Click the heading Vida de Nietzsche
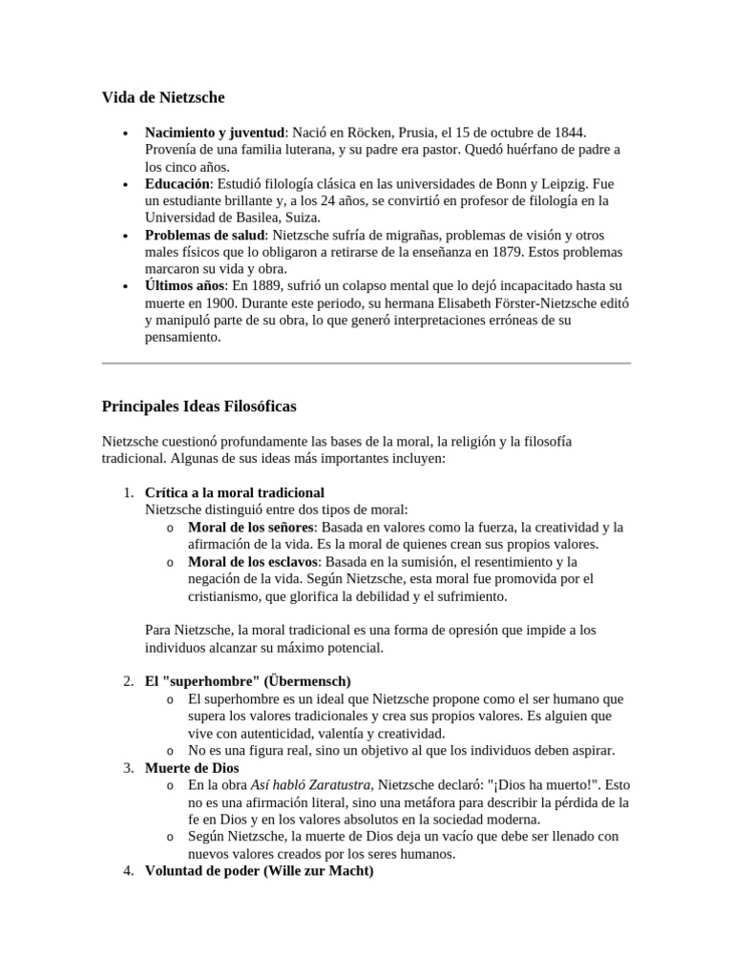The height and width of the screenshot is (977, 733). click(163, 96)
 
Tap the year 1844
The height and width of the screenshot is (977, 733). click(569, 132)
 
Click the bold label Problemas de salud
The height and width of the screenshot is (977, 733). click(203, 235)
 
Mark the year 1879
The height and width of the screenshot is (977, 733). click(506, 252)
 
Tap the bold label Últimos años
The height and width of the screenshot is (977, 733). click(185, 286)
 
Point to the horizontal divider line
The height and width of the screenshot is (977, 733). click(366, 364)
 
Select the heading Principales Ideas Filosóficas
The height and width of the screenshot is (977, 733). click(199, 406)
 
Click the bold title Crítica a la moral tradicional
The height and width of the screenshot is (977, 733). click(235, 492)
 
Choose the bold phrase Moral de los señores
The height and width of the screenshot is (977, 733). click(250, 527)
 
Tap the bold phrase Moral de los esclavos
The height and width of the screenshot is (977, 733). click(252, 561)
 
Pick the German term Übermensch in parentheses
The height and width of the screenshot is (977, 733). click(308, 681)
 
